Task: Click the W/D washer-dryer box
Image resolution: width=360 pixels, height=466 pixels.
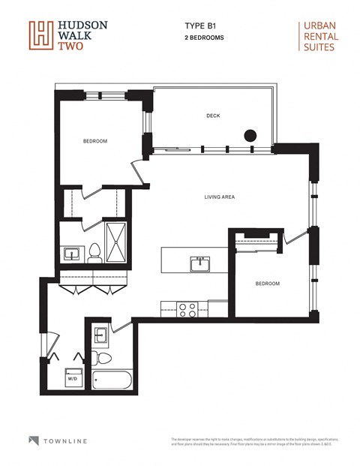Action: click(x=73, y=377)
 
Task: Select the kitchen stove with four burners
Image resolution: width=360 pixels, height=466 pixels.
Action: click(x=186, y=306)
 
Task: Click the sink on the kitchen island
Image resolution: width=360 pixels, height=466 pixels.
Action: click(x=200, y=264)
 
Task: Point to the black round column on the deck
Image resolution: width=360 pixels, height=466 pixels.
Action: click(x=250, y=136)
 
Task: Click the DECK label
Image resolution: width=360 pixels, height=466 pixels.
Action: click(x=214, y=116)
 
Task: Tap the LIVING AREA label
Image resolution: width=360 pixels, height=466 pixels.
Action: click(x=220, y=197)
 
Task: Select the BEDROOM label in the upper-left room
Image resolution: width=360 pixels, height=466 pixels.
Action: click(x=94, y=141)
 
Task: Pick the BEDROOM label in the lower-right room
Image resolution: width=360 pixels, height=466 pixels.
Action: click(x=267, y=284)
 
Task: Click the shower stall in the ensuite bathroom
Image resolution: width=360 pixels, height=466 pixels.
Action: click(x=115, y=242)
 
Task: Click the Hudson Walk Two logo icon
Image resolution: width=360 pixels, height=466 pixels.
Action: click(x=39, y=34)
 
